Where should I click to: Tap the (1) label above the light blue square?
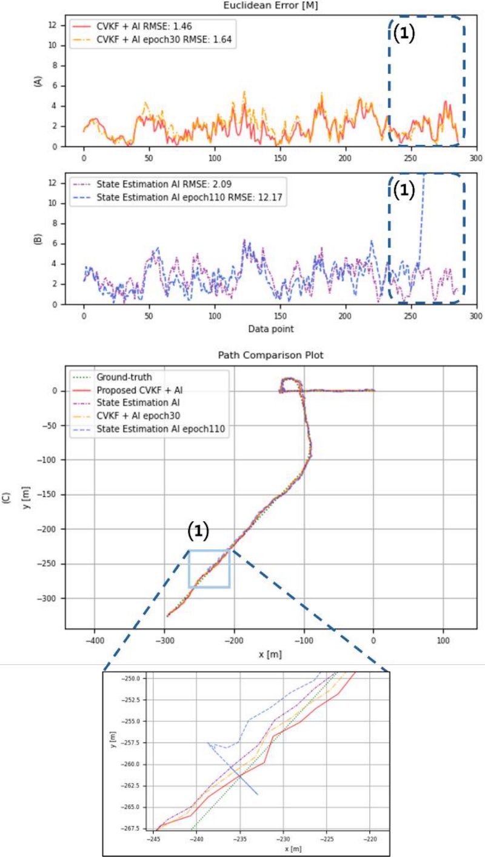click(198, 532)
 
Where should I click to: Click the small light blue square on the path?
click(209, 569)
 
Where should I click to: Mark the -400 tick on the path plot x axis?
click(94, 639)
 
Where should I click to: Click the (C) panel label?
click(7, 498)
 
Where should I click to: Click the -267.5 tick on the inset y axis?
click(132, 828)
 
